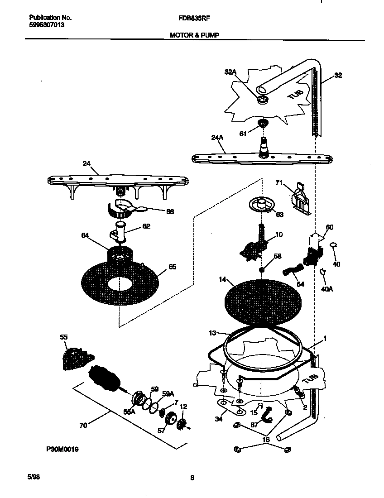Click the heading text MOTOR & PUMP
(x=195, y=34)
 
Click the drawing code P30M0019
(x=62, y=450)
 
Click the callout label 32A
(x=231, y=72)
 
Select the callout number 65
(x=172, y=267)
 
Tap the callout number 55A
(x=130, y=412)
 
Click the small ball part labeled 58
(x=262, y=270)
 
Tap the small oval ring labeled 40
(x=333, y=244)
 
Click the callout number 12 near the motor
(x=183, y=407)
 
